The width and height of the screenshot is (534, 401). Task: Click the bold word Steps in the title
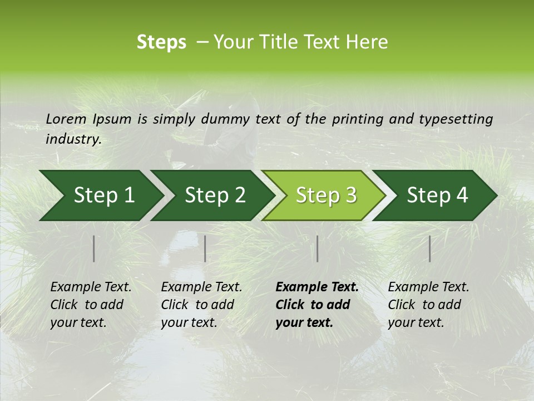click(x=161, y=42)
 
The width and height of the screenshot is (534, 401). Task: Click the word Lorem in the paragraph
click(x=66, y=119)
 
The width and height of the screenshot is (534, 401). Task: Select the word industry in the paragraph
click(x=73, y=139)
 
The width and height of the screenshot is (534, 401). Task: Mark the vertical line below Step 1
click(x=94, y=248)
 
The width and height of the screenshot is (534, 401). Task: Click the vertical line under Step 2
click(x=205, y=248)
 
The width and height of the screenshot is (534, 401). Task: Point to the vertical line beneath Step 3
click(x=317, y=248)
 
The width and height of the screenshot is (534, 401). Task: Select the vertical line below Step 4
click(x=430, y=248)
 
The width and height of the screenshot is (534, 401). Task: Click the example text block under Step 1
click(x=91, y=305)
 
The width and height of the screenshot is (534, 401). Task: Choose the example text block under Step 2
click(x=201, y=305)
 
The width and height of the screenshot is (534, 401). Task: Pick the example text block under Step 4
click(x=428, y=305)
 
